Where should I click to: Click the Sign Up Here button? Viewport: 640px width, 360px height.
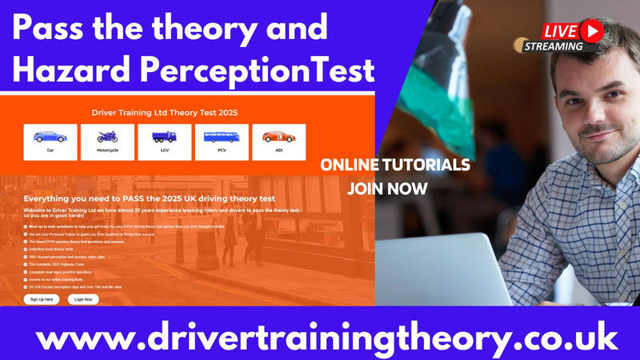(x=42, y=298)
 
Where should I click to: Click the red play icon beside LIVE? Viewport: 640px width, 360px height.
(x=591, y=30)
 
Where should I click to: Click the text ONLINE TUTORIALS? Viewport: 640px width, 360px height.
(x=394, y=166)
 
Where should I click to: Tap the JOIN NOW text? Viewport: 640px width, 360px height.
(x=387, y=190)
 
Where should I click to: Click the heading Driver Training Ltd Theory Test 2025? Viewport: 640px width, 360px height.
(x=165, y=113)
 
